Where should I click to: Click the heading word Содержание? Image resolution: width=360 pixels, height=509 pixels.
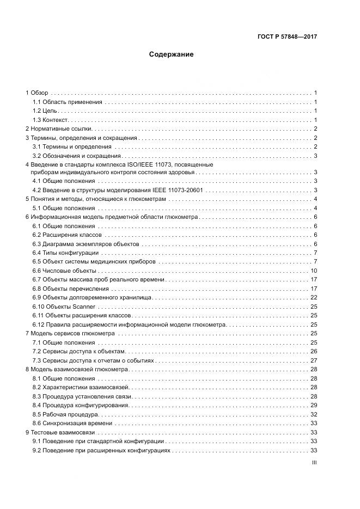point(172,54)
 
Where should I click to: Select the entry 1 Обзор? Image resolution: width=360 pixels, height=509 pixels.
point(37,93)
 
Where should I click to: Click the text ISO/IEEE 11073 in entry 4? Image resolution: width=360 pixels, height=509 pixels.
point(188,164)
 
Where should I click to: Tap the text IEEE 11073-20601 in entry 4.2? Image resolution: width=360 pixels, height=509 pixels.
point(178,190)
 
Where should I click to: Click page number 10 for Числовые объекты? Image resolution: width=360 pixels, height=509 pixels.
point(314,271)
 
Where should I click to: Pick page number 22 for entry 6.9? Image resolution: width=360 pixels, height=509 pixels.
point(314,297)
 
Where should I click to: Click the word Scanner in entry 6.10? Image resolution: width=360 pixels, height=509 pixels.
point(84,306)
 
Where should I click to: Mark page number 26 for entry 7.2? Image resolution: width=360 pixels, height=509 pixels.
point(314,351)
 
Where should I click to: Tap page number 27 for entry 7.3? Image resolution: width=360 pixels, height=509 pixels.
point(314,360)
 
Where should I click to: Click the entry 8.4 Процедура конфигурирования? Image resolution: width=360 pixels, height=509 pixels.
point(81,405)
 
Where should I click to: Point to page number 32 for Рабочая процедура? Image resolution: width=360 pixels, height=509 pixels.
point(314,414)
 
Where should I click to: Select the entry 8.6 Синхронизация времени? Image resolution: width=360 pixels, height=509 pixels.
point(72,423)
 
